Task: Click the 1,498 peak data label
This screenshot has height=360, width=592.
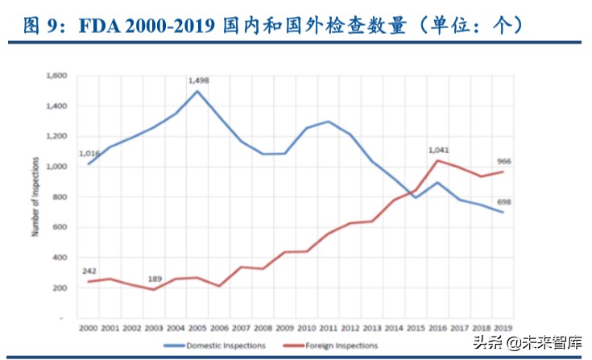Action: (x=198, y=81)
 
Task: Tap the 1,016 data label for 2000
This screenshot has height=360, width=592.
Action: (x=89, y=153)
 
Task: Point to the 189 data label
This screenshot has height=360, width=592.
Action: (x=155, y=279)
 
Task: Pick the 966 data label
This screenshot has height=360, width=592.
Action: (x=503, y=161)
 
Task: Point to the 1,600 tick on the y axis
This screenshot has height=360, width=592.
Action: (x=58, y=76)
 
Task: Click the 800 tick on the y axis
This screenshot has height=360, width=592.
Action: (x=61, y=197)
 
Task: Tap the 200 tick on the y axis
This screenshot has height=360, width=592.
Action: (x=61, y=288)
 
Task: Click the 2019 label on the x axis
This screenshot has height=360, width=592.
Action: (x=503, y=329)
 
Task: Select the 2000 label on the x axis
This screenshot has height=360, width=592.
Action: (x=89, y=329)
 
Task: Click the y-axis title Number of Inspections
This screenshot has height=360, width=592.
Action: (x=35, y=197)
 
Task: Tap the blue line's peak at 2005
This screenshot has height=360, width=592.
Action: (x=198, y=90)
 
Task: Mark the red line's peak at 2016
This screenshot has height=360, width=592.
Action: (x=438, y=160)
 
